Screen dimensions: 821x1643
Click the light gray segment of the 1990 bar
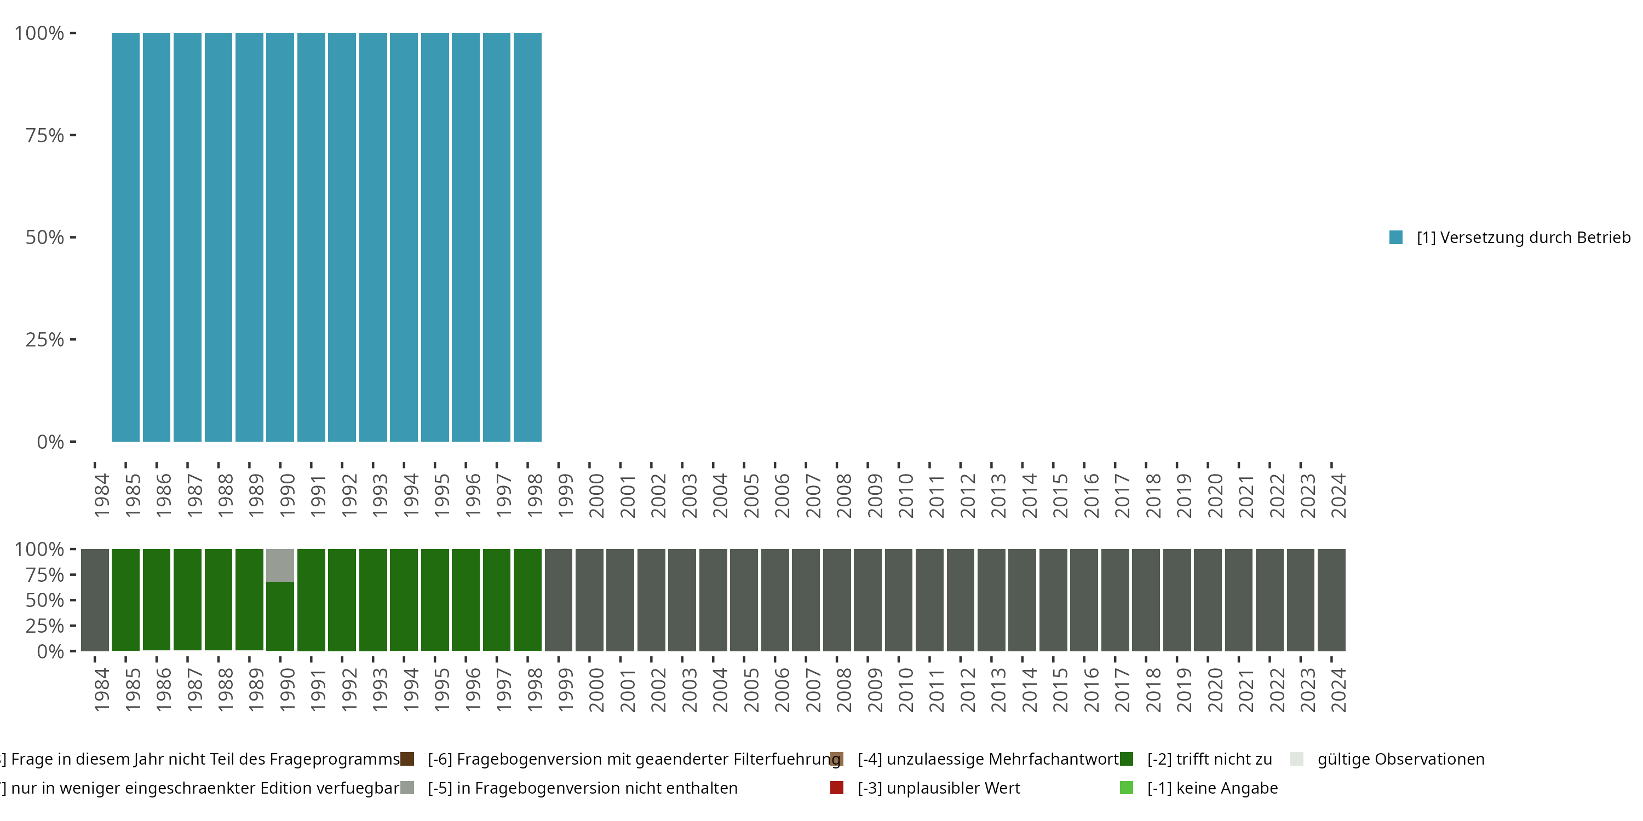(280, 565)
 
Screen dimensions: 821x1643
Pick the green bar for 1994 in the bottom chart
(404, 599)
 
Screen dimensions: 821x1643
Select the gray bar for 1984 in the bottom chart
(95, 599)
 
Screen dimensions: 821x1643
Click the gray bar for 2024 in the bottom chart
(1332, 599)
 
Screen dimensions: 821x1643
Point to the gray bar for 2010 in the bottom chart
(899, 599)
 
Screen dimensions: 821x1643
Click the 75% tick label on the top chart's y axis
(45, 135)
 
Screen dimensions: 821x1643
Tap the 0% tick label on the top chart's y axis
(50, 442)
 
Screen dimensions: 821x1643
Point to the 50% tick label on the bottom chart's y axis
(45, 600)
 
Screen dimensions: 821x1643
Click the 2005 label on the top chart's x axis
(751, 495)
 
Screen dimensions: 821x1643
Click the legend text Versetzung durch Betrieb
(1523, 238)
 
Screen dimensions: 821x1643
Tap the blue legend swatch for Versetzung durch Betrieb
(1395, 237)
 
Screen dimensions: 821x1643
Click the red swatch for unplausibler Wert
(837, 788)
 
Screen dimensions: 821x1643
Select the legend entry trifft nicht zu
(1209, 759)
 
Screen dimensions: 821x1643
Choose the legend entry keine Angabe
(1212, 788)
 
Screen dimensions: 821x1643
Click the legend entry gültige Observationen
(1400, 759)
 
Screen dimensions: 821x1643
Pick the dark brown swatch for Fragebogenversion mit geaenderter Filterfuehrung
(407, 759)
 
